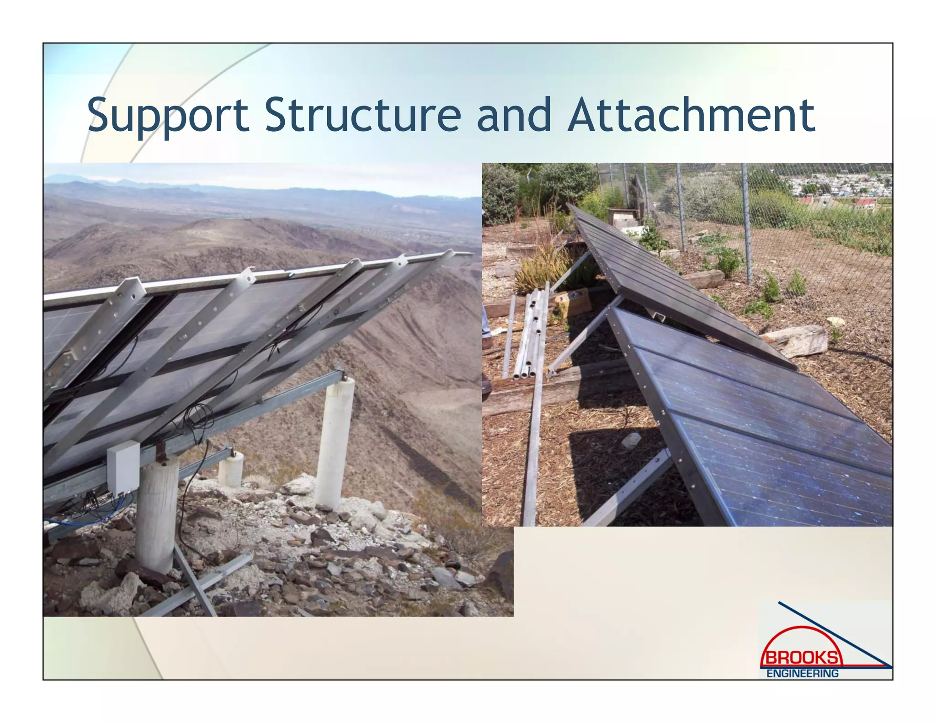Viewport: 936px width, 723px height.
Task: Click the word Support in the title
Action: pyautogui.click(x=167, y=115)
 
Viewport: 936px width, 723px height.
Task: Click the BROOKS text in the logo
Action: pyautogui.click(x=802, y=658)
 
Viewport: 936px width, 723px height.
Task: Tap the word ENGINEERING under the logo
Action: pyautogui.click(x=802, y=673)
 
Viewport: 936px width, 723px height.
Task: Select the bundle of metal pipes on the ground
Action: pyautogui.click(x=530, y=334)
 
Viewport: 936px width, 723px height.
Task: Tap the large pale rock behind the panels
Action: pyautogui.click(x=798, y=340)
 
